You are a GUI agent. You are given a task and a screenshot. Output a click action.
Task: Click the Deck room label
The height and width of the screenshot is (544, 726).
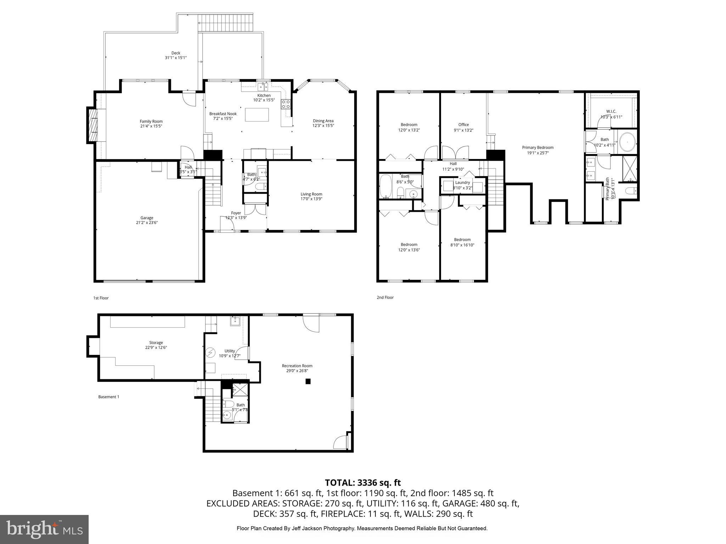pyautogui.click(x=176, y=53)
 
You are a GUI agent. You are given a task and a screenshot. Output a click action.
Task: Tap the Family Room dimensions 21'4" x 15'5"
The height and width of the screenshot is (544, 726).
pyautogui.click(x=151, y=126)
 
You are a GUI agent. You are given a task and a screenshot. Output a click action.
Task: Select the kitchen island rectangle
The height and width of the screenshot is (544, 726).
pyautogui.click(x=257, y=115)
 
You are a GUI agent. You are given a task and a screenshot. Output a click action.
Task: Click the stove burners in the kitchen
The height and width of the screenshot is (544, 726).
pyautogui.click(x=286, y=104)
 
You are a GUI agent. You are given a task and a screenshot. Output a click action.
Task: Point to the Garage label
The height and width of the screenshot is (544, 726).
pyautogui.click(x=147, y=218)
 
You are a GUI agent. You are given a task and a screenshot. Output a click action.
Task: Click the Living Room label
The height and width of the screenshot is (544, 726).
pyautogui.click(x=311, y=194)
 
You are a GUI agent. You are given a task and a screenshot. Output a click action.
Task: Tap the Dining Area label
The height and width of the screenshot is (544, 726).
pyautogui.click(x=323, y=121)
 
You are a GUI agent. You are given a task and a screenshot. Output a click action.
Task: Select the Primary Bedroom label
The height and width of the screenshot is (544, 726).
pyautogui.click(x=537, y=148)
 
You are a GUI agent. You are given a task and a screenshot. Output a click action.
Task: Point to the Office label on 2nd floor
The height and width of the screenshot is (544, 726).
pyautogui.click(x=463, y=125)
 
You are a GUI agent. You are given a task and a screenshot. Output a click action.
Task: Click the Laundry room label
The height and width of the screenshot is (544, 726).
pyautogui.click(x=462, y=183)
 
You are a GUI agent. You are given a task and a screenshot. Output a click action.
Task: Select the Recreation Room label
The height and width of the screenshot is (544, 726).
pyautogui.click(x=297, y=366)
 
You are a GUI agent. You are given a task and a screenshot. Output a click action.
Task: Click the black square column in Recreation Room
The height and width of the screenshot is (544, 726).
pyautogui.click(x=308, y=381)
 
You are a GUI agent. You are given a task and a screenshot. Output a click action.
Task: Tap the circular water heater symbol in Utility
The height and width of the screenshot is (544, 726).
pyautogui.click(x=211, y=352)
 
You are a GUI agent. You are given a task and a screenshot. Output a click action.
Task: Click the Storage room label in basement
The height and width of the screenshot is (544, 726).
pyautogui.click(x=156, y=342)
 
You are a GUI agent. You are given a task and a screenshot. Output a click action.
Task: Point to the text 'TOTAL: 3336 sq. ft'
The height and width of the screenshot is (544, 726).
pyautogui.click(x=363, y=483)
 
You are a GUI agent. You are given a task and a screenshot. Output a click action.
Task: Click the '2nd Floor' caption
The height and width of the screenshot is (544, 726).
pyautogui.click(x=385, y=297)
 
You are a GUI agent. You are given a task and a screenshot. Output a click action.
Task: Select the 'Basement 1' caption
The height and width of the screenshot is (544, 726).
pyautogui.click(x=108, y=397)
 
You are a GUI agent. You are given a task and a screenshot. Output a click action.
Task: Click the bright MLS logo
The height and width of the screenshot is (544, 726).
pyautogui.click(x=44, y=529)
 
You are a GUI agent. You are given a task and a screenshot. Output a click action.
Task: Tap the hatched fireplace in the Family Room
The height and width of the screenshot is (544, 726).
pyautogui.click(x=94, y=125)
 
